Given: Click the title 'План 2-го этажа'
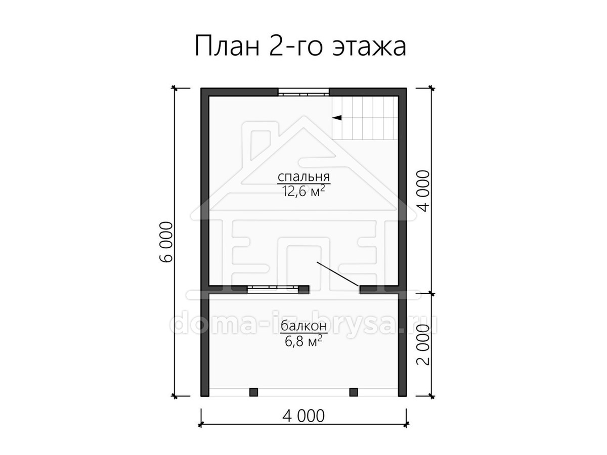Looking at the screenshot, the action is coord(300,46).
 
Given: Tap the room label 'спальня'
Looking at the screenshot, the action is coord(303,176).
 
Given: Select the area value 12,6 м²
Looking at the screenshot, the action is coord(303,191).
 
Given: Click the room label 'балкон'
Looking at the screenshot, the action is coord(303,326).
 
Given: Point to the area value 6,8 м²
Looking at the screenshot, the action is coord(303,342).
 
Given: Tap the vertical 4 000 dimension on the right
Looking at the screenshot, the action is coord(423,191).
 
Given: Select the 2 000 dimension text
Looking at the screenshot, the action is coord(423,345).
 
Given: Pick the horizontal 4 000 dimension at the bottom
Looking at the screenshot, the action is coord(303,424).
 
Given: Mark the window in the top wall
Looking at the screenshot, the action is coord(303,93).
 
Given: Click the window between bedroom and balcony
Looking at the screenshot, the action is coord(273,290).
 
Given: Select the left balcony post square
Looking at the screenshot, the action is coord(253,392).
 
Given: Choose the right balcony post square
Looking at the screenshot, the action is coord(354,392).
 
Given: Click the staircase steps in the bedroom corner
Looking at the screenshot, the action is coord(365,118).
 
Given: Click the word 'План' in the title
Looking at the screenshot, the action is coord(227,46).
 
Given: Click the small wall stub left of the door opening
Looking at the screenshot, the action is coord(304,290).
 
